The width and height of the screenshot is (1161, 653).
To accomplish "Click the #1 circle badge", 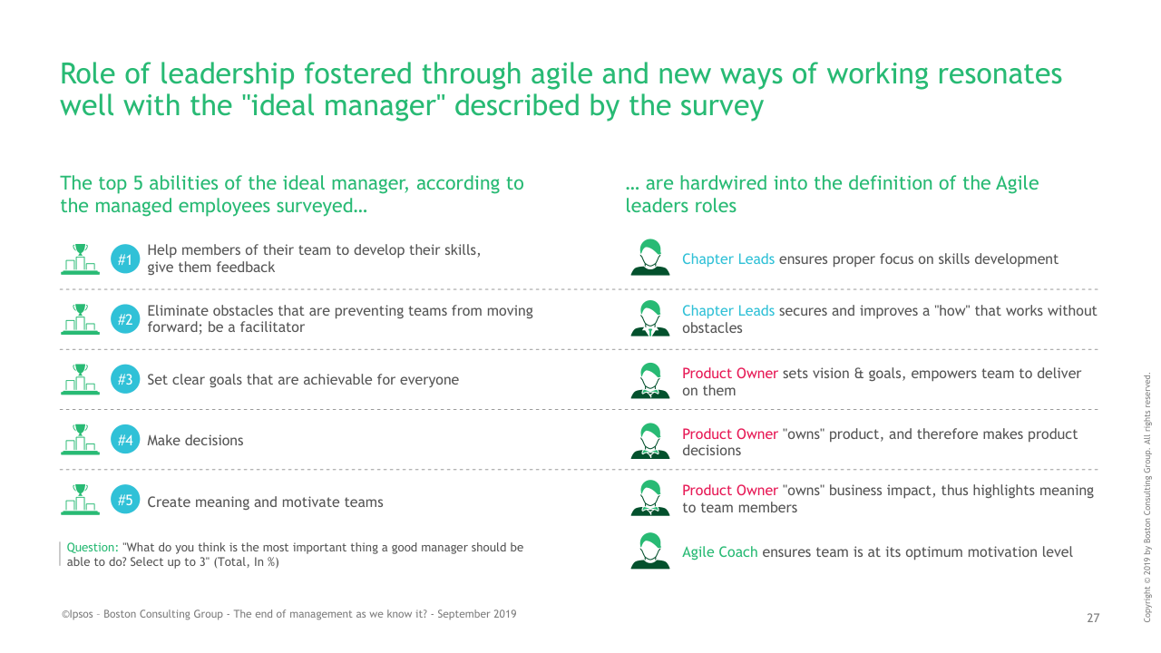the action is (x=125, y=259).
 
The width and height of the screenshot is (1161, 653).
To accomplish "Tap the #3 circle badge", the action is (x=125, y=379).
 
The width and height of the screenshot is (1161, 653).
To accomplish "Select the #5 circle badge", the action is (x=125, y=500).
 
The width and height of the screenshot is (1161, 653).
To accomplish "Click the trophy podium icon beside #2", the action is (x=81, y=319).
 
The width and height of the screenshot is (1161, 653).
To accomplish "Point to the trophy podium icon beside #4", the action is (x=81, y=440).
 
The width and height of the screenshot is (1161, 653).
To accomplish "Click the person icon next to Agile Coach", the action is (x=650, y=551).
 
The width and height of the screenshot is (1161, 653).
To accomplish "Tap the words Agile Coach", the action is (x=719, y=552).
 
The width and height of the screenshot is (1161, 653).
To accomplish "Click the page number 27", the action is (x=1093, y=618).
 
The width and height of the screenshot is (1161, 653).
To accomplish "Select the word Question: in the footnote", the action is (x=93, y=547).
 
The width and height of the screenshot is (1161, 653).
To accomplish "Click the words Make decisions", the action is (x=195, y=440).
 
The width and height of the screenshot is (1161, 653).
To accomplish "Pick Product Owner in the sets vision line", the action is (x=730, y=373).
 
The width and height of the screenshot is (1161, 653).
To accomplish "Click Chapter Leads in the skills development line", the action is (x=728, y=258).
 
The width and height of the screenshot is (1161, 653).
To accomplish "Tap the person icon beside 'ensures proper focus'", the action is (x=650, y=257).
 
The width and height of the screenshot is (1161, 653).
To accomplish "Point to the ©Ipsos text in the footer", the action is (x=77, y=614).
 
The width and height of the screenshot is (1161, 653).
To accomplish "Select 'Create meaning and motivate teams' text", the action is (x=265, y=502).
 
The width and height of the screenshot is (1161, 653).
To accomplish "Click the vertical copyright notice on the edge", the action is (x=1147, y=497).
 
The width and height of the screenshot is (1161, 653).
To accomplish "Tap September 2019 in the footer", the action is (x=477, y=614).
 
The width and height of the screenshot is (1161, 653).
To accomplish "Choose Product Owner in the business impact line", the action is (x=730, y=491).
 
